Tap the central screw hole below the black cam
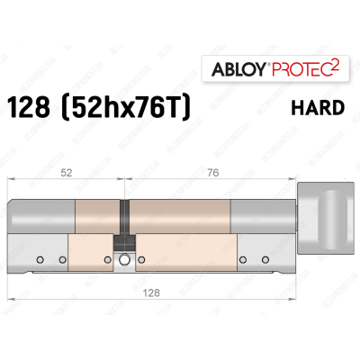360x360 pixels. [122, 262]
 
